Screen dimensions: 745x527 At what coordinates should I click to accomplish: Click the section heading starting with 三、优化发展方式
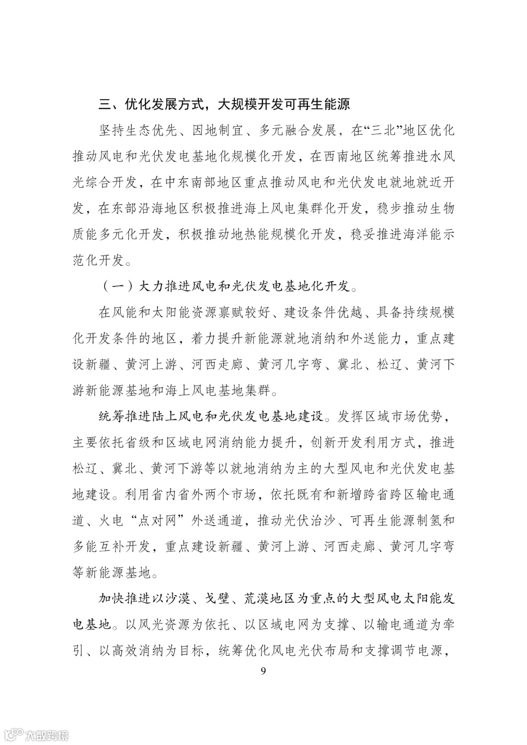coord(224,104)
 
